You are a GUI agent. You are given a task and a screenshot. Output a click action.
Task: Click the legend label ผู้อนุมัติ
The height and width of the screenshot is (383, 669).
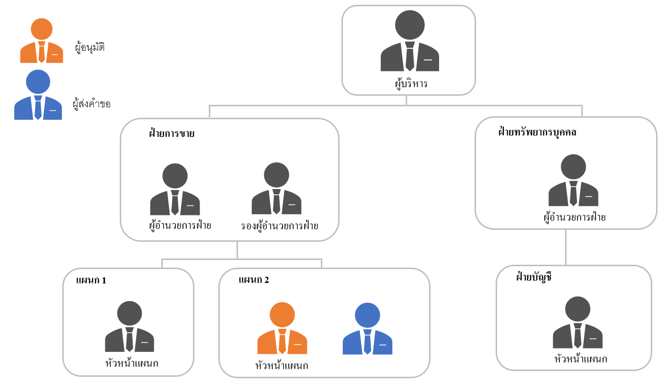pos(90,47)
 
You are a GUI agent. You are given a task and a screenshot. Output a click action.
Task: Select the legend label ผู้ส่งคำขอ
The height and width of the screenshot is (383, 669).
pos(91,103)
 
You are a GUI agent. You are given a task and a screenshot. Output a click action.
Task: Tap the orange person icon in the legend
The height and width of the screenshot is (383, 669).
pos(42,42)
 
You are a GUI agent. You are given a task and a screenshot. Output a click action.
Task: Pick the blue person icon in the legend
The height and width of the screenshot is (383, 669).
pos(38,95)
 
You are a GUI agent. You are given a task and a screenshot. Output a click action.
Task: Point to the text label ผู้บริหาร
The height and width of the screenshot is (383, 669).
pos(408,84)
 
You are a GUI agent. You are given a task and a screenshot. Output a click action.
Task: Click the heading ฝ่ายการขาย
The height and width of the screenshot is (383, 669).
pos(171,134)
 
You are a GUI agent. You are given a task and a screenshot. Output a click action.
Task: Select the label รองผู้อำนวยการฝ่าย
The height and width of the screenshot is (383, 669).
pos(280,225)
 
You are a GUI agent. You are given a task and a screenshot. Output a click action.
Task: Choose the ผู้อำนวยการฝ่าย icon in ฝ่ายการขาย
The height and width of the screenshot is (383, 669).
pos(175,190)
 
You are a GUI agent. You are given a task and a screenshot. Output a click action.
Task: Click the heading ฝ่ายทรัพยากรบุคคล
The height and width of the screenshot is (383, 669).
pos(537,132)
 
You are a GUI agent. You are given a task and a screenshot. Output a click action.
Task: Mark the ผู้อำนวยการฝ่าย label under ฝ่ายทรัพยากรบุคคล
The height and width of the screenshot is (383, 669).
pos(575,217)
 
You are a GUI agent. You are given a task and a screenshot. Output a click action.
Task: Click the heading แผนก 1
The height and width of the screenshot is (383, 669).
pos(91,280)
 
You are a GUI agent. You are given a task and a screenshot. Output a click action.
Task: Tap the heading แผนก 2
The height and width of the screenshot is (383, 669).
pos(253,280)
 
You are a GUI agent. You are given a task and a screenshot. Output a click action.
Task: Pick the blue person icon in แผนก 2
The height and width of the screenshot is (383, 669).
pos(367,329)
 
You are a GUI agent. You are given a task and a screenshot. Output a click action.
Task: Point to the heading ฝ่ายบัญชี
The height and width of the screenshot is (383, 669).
pos(534,277)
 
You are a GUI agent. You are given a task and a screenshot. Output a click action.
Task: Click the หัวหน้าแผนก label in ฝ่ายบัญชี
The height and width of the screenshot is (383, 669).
pos(580,359)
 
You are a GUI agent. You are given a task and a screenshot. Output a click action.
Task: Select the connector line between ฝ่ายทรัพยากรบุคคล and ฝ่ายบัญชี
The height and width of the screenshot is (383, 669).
pos(566,247)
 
